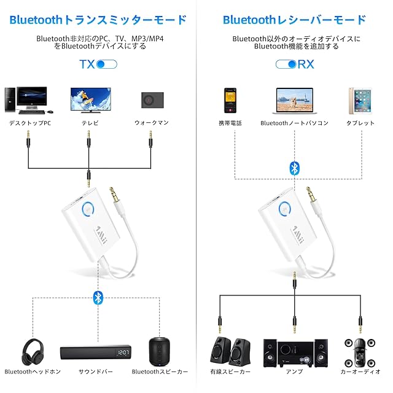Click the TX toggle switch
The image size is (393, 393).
(x=106, y=64)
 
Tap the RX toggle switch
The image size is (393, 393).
(x=286, y=64)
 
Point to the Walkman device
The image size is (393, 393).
(x=151, y=99)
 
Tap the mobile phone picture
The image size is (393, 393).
(x=230, y=100)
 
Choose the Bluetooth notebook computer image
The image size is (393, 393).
(x=294, y=101)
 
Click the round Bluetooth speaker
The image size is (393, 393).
(x=159, y=351)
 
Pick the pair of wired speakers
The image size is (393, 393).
(x=230, y=351)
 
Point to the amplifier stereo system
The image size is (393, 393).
(x=294, y=351)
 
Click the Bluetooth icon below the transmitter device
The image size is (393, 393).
(x=97, y=298)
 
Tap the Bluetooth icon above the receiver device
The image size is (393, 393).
(x=294, y=167)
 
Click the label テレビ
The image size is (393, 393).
(x=90, y=123)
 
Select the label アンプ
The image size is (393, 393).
(x=294, y=372)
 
